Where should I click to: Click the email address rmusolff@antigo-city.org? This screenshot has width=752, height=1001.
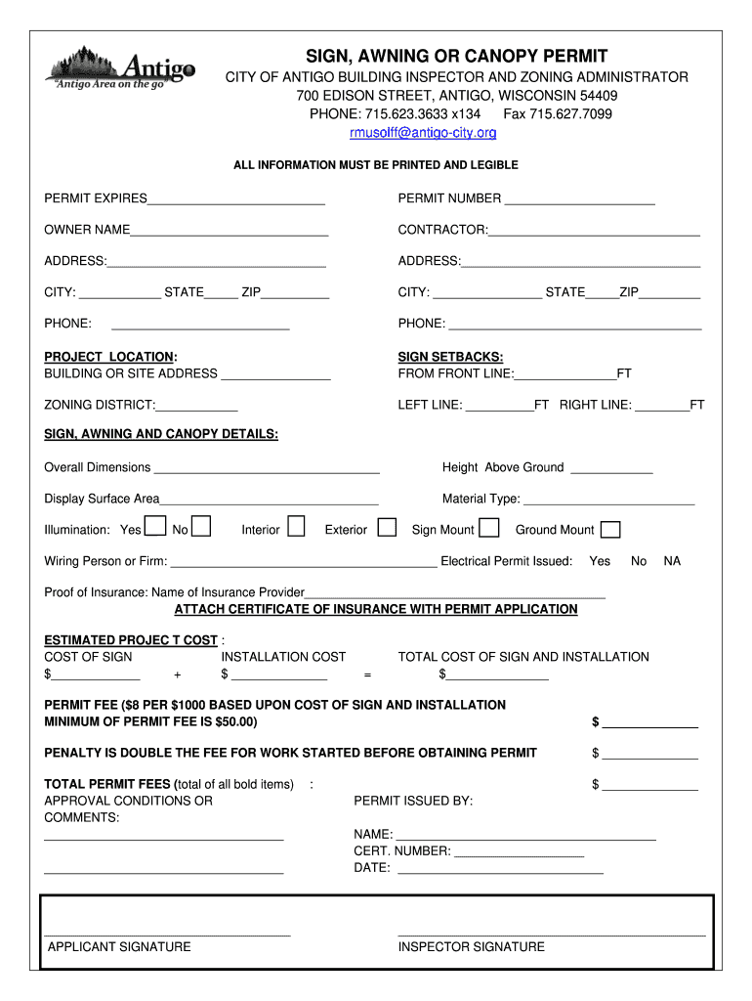(x=423, y=132)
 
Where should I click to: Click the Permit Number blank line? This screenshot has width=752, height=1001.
(x=579, y=199)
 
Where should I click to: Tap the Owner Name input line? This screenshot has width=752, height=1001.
(x=230, y=231)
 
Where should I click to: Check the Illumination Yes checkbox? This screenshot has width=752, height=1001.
(x=155, y=528)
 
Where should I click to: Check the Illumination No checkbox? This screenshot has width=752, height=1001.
(x=201, y=528)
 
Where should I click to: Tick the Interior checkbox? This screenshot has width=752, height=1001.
(x=296, y=528)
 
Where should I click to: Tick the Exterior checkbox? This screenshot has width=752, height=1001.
(x=387, y=528)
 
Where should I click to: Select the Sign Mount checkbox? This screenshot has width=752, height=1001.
(x=489, y=529)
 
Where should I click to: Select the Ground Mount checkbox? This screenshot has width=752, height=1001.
(x=609, y=530)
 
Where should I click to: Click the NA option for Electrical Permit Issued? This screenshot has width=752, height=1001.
(x=672, y=561)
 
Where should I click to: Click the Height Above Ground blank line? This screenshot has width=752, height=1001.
(x=611, y=468)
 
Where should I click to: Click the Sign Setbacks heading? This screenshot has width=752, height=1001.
(x=450, y=357)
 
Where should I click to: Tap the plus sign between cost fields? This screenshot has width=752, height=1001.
(x=177, y=675)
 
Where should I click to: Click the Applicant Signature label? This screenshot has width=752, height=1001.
(x=119, y=946)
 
